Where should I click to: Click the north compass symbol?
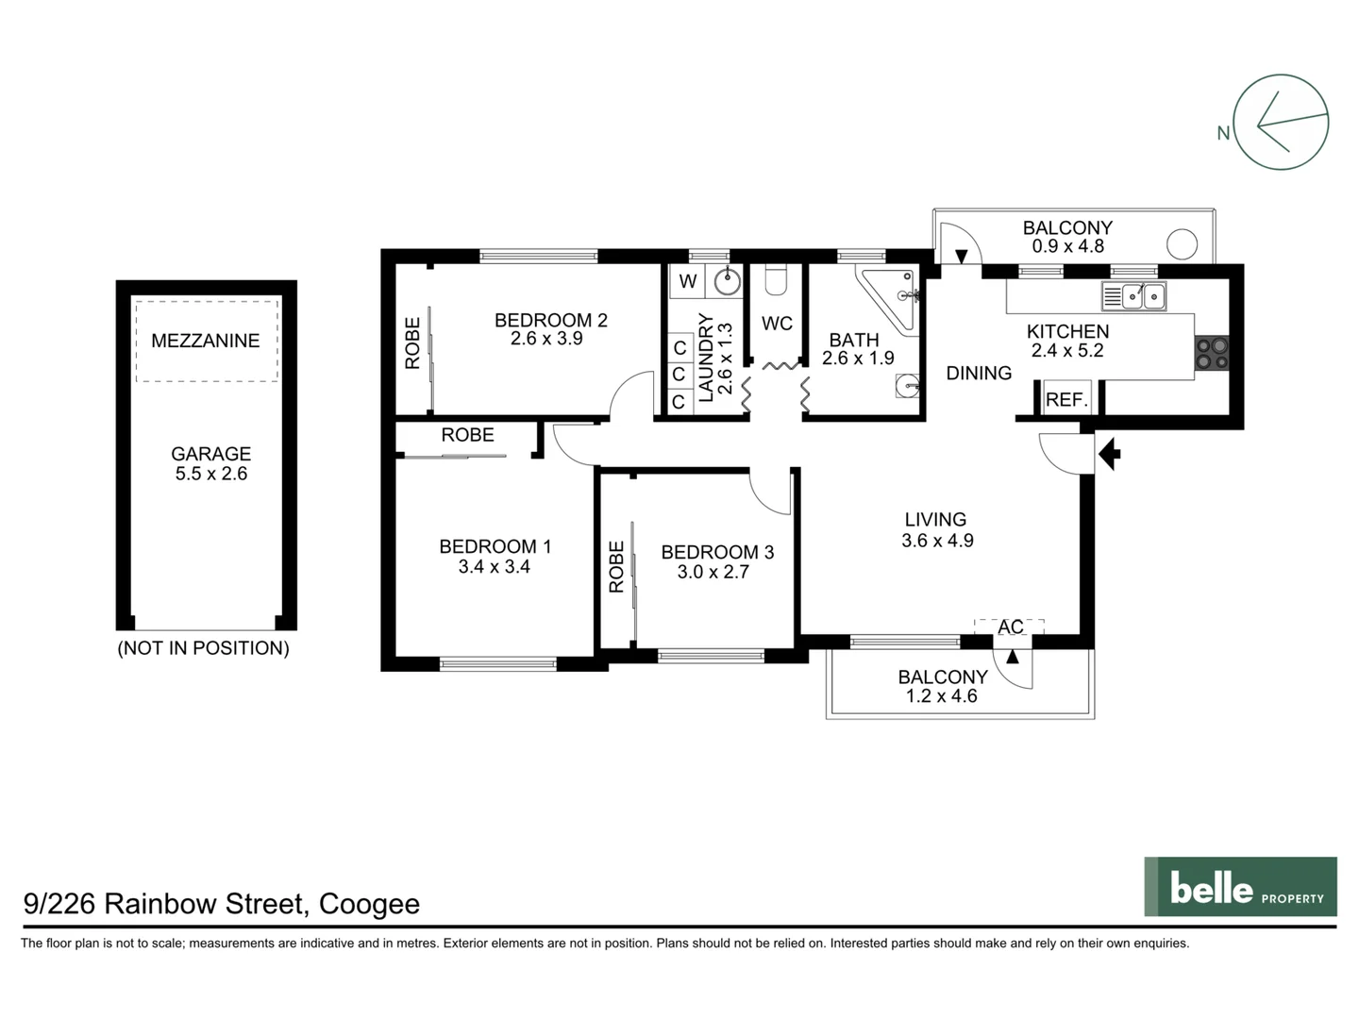coord(1281,123)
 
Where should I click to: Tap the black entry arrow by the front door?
coord(1110,454)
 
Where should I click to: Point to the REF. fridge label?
coord(1066,400)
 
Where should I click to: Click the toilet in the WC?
coord(776,280)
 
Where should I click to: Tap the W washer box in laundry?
coord(688,281)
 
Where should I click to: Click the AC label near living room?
coord(1010,627)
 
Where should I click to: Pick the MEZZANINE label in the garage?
coord(205,341)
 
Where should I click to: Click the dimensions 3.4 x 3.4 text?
coord(494,567)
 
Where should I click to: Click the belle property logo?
coord(1240,887)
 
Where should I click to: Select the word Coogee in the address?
coord(369,904)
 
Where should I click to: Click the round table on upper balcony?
coord(1182,244)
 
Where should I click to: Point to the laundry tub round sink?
coord(726,281)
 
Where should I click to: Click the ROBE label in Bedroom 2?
coord(413,342)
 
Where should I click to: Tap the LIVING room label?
coord(934,519)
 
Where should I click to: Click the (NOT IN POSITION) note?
coord(203,648)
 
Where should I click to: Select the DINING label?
coord(979,373)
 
